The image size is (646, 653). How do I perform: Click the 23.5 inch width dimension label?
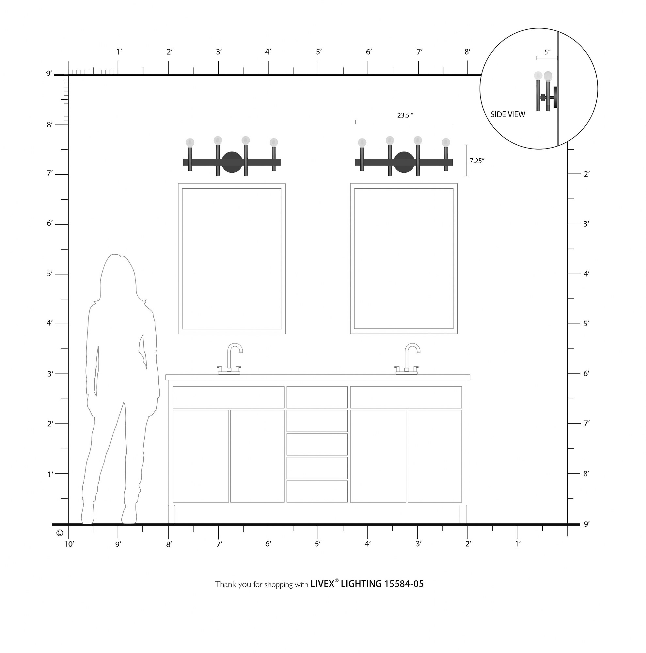point(405,115)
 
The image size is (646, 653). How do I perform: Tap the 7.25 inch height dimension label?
point(477,161)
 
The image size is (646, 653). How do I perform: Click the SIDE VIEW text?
point(508,114)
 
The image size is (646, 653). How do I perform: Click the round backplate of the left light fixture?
point(232,162)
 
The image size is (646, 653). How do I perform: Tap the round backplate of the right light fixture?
point(404,162)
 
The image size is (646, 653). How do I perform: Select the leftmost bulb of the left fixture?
point(190,142)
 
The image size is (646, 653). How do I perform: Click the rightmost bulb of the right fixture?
point(446,142)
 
